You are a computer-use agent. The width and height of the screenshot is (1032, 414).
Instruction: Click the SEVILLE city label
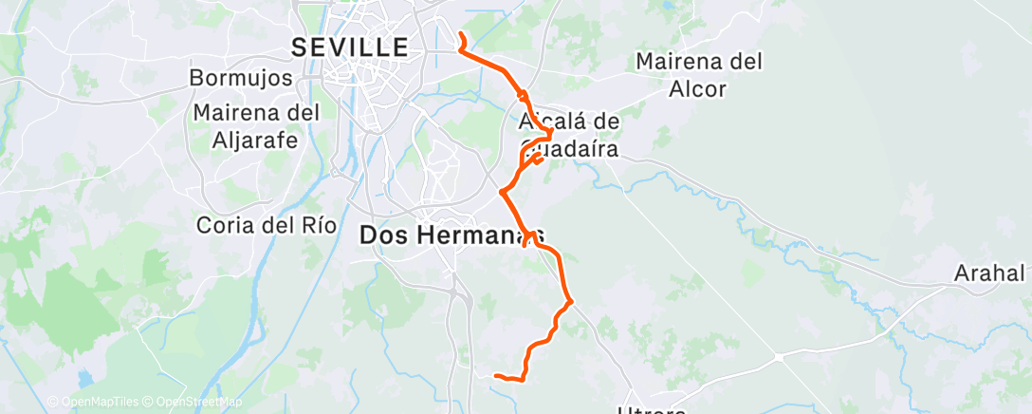[350, 47]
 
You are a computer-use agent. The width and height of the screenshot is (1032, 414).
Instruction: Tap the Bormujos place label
[241, 77]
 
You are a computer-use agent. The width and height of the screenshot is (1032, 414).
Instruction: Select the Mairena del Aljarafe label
[256, 126]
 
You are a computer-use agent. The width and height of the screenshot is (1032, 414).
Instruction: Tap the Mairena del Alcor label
[699, 75]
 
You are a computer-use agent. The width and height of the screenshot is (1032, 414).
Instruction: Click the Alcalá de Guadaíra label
[569, 135]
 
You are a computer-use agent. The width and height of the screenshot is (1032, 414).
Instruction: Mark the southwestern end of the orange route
[496, 376]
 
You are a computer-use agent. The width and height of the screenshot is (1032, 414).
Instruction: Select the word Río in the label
[316, 226]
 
